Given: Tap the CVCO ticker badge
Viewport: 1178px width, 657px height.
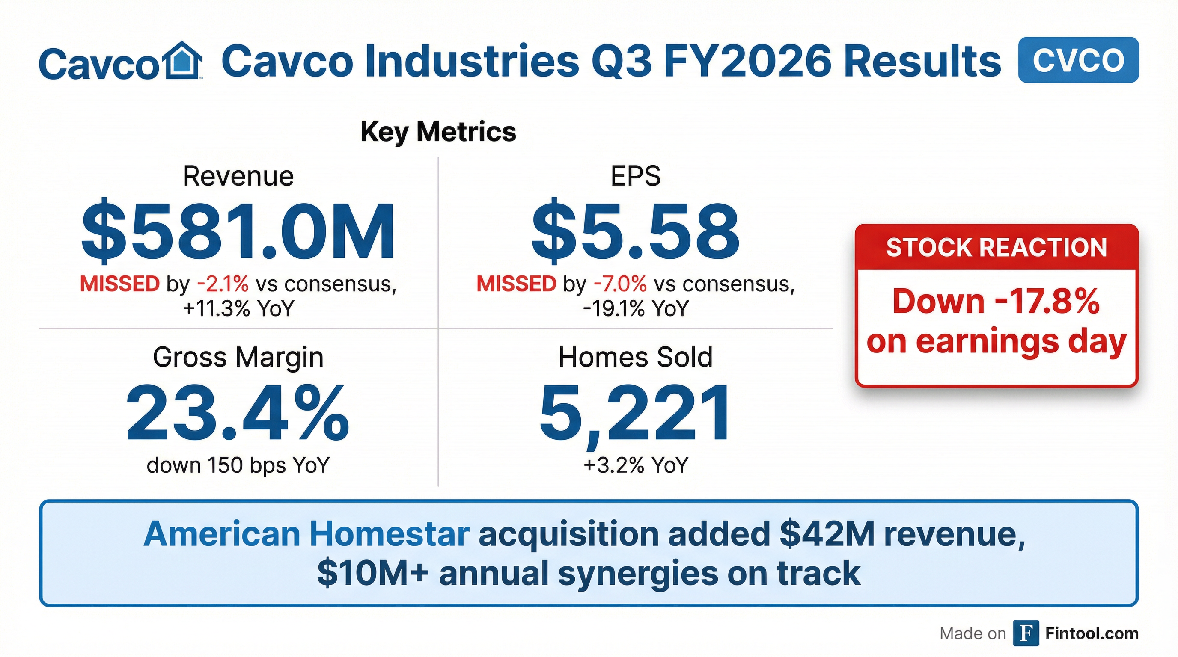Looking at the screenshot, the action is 1078,60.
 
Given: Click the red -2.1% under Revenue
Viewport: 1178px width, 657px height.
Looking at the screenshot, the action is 223,284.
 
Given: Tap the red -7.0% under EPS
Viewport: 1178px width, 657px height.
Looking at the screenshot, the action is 620,284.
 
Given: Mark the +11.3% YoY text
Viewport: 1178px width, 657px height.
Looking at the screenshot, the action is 238,309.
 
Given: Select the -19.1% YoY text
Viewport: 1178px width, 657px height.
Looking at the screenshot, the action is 635,309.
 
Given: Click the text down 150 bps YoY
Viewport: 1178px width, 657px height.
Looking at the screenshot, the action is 238,465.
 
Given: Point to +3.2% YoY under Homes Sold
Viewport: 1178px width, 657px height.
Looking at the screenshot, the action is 635,465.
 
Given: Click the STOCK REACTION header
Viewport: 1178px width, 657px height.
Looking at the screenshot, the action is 997,248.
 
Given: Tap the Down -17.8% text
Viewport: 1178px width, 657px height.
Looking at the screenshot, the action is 997,302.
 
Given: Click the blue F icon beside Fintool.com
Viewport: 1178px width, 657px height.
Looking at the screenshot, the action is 1026,633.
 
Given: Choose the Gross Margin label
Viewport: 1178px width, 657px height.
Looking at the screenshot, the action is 238,357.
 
